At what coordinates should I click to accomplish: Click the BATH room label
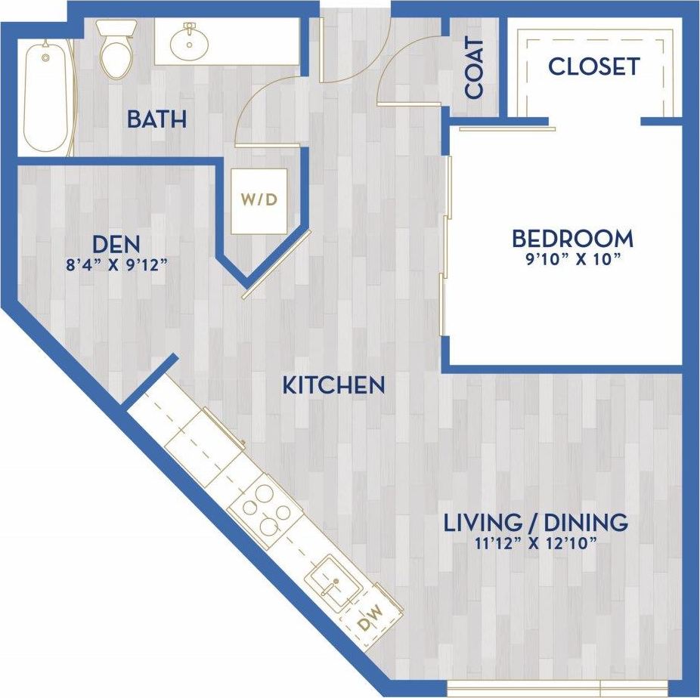pyautogui.click(x=156, y=119)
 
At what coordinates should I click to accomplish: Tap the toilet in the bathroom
pyautogui.click(x=116, y=51)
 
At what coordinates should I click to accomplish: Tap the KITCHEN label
pyautogui.click(x=333, y=385)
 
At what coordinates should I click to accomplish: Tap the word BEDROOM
pyautogui.click(x=572, y=239)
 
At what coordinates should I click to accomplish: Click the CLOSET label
pyautogui.click(x=593, y=66)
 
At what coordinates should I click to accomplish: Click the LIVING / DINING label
pyautogui.click(x=535, y=522)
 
